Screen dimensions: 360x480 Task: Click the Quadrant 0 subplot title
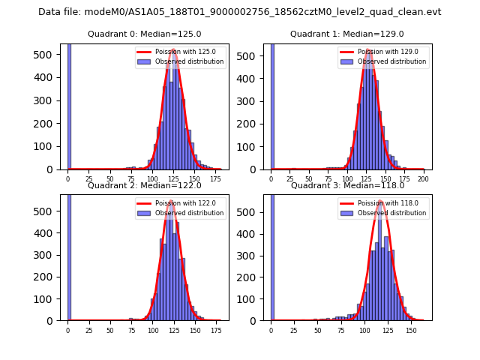point(144,34)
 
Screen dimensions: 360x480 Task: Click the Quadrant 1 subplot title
point(346,34)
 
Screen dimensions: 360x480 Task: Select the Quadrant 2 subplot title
point(144,185)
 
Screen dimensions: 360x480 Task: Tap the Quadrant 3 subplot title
point(346,185)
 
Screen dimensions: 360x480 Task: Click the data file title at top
point(240,12)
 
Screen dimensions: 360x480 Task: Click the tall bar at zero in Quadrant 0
point(69,105)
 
